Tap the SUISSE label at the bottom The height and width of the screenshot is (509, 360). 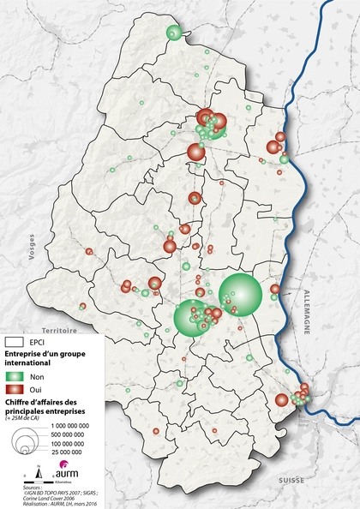tap(279, 482)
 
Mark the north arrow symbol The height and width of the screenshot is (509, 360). tap(39, 470)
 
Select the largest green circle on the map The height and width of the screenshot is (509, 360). tap(240, 294)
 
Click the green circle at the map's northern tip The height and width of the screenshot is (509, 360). tap(173, 33)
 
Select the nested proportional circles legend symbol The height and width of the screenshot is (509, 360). tap(28, 441)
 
